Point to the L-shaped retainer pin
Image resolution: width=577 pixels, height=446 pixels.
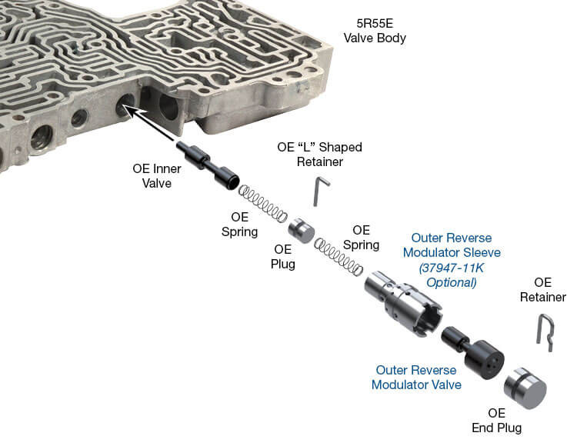pyautogui.click(x=319, y=190)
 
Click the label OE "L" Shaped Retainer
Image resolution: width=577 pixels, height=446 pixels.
pyautogui.click(x=319, y=154)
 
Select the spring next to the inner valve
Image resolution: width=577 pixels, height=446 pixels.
pyautogui.click(x=262, y=201)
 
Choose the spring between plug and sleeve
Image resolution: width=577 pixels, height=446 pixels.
pyautogui.click(x=339, y=258)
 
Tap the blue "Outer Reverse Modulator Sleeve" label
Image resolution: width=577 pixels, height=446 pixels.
pyautogui.click(x=455, y=245)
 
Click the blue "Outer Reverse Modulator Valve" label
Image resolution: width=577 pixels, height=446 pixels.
pyautogui.click(x=416, y=377)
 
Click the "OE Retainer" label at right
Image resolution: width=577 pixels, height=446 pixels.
pyautogui.click(x=543, y=290)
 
